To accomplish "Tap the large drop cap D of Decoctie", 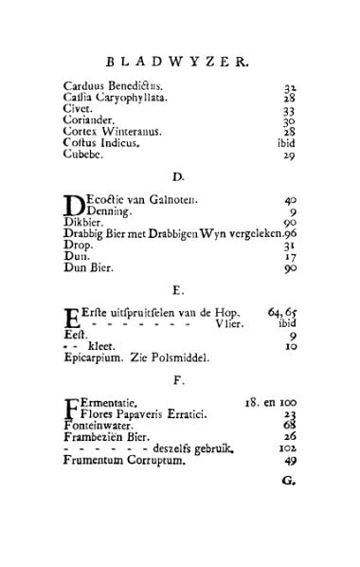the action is tap(73, 205).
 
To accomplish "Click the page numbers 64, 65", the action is tap(283, 312).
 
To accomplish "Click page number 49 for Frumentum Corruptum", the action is tap(290, 461).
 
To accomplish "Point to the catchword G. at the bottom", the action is tap(289, 480).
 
